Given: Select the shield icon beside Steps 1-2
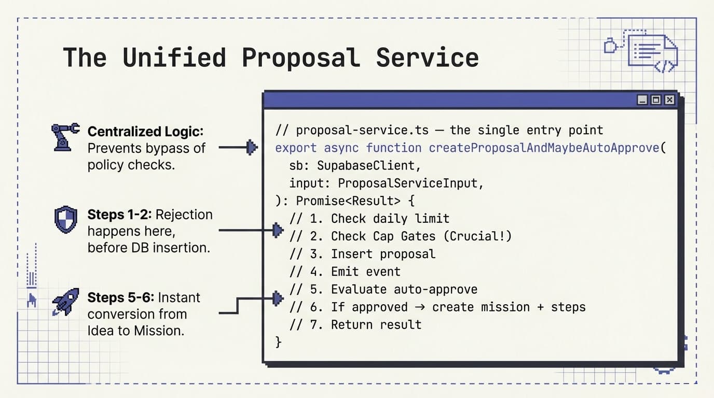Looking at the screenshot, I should tap(66, 220).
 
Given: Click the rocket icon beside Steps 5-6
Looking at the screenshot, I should tap(66, 302).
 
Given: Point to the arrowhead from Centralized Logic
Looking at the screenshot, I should tap(252, 148).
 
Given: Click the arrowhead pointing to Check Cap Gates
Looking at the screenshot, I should tap(278, 230).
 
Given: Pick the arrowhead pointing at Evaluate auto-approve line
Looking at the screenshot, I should tap(278, 297).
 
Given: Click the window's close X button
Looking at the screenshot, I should tap(670, 100).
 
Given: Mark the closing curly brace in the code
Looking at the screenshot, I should tap(279, 342).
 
